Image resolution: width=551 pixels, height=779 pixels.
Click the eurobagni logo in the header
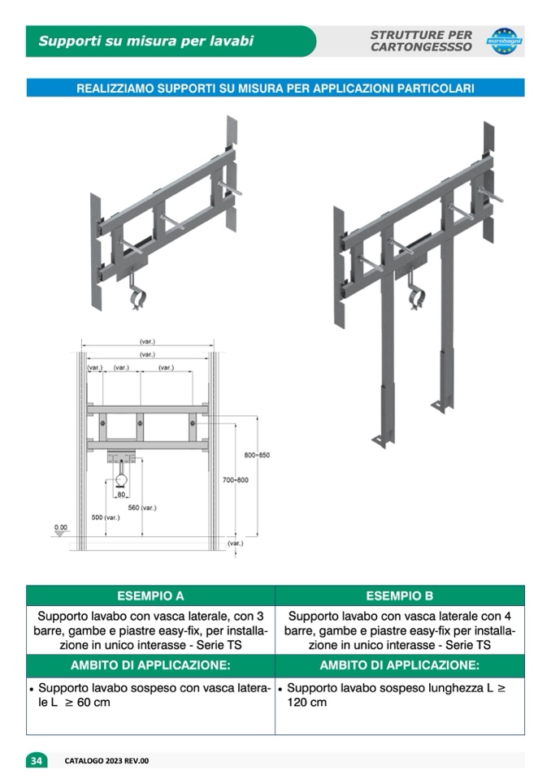click(x=505, y=41)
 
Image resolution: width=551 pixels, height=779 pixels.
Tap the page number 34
click(x=37, y=760)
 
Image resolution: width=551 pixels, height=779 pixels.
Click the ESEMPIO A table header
click(x=150, y=595)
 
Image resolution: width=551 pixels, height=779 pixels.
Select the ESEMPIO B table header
click(x=400, y=595)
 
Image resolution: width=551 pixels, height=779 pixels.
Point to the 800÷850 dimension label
click(x=257, y=455)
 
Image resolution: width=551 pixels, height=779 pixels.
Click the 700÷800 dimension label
click(x=236, y=480)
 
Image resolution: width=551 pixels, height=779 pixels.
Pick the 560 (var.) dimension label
click(x=142, y=508)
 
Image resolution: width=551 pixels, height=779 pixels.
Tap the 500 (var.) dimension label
click(x=106, y=517)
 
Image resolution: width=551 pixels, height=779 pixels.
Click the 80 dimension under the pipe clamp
click(x=121, y=495)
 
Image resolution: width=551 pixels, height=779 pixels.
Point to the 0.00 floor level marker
click(x=61, y=528)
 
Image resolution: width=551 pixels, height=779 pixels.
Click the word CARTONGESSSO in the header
click(x=421, y=47)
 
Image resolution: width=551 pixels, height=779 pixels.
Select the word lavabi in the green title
click(x=232, y=41)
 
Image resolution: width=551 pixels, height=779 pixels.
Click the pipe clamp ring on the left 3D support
click(x=137, y=300)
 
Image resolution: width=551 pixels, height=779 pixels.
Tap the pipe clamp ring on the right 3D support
click(x=416, y=299)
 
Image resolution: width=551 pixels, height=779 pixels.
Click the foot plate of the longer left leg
click(x=382, y=440)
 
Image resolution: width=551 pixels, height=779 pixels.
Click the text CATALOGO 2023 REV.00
click(x=106, y=760)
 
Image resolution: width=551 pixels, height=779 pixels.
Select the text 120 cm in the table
click(x=307, y=703)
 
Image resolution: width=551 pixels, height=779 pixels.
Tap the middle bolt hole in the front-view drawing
click(x=140, y=423)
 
